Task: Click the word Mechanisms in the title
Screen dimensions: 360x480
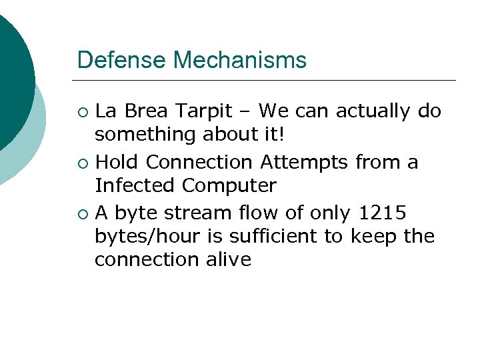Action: click(x=240, y=61)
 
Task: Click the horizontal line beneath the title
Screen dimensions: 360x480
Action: click(x=267, y=81)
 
